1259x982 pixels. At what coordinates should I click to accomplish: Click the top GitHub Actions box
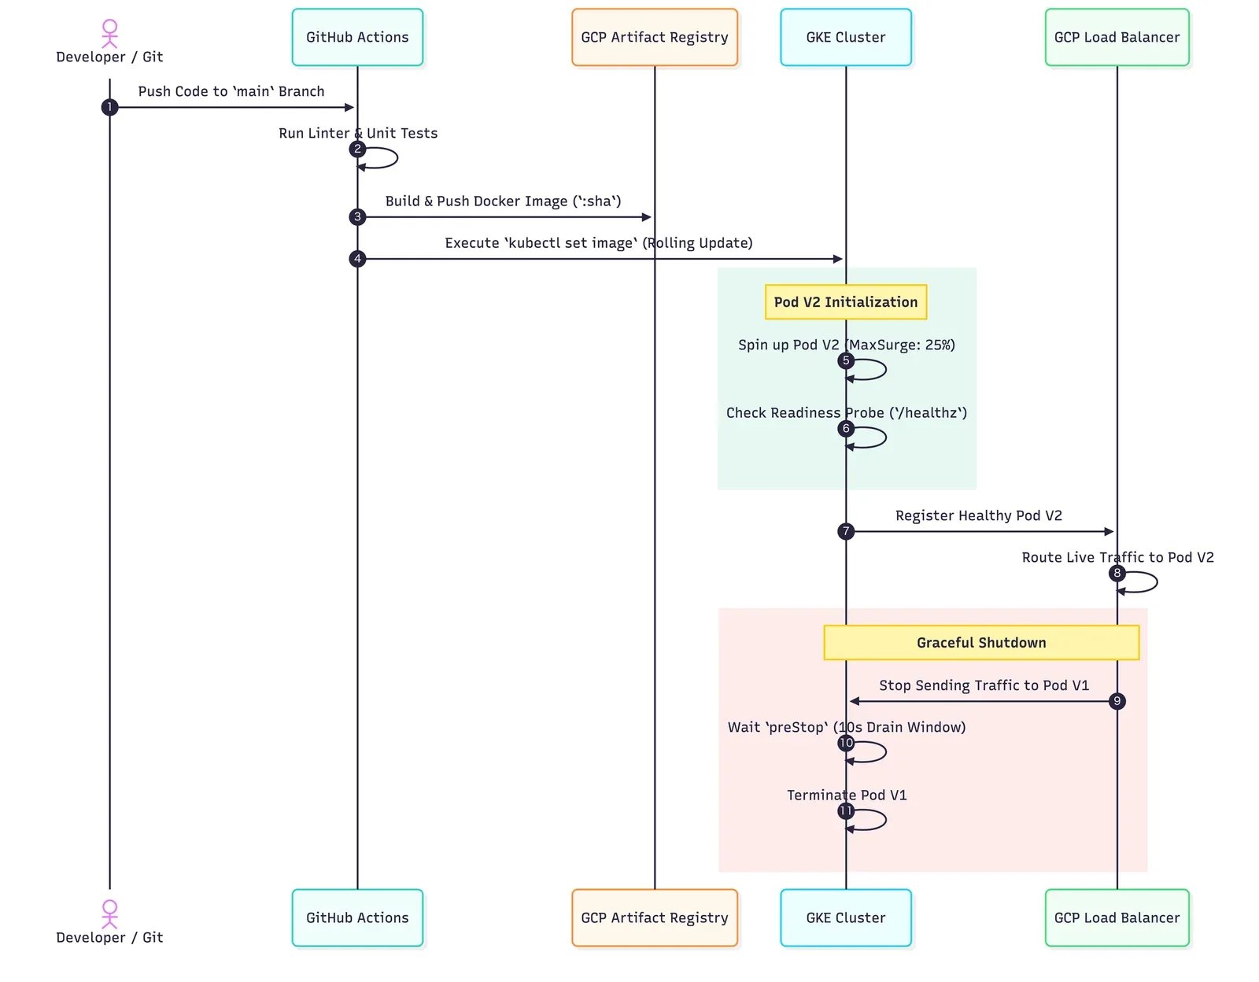[x=357, y=37]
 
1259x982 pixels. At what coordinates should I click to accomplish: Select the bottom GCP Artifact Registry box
[x=654, y=917]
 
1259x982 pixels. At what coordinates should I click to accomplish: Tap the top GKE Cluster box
[x=845, y=37]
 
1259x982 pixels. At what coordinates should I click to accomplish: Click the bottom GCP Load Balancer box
[x=1117, y=917]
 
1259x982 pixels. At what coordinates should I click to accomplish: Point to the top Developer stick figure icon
[x=109, y=34]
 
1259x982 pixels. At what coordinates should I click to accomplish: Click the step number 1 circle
[x=109, y=107]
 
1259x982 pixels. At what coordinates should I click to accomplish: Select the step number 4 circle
[x=357, y=258]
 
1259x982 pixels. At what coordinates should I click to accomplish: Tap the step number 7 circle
[x=846, y=530]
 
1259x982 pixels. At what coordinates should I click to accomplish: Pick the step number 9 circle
[x=1117, y=701]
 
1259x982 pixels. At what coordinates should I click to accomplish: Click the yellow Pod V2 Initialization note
[x=845, y=302]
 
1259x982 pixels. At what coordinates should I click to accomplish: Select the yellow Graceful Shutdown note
[x=981, y=643]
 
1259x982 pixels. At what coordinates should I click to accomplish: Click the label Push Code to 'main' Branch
[x=231, y=91]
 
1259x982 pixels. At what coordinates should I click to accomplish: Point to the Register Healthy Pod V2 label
[x=979, y=515]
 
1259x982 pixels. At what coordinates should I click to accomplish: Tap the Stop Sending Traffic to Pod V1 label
[x=984, y=685]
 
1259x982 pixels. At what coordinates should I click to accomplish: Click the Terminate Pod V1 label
[x=847, y=795]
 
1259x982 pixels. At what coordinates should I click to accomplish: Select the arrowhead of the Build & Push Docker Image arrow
[x=647, y=217]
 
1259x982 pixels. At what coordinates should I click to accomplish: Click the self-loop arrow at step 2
[x=397, y=158]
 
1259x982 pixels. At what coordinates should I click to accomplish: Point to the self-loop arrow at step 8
[x=1157, y=582]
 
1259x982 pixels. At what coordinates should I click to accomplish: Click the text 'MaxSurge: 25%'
[x=899, y=345]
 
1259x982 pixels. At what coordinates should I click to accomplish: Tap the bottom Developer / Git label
[x=109, y=937]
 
